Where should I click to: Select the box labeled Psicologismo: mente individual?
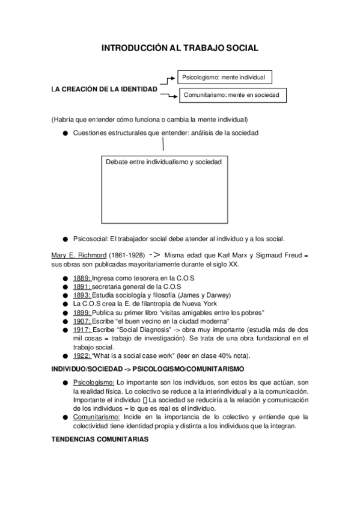click(224, 78)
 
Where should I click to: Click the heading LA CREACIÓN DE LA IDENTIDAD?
click(105, 89)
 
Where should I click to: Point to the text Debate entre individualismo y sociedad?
click(163, 162)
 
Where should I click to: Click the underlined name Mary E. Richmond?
click(79, 255)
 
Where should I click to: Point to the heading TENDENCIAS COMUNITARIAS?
click(100, 440)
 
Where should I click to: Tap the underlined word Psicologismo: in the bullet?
click(94, 382)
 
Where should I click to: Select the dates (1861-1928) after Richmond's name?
click(126, 255)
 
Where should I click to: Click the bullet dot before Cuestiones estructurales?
click(64, 134)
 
